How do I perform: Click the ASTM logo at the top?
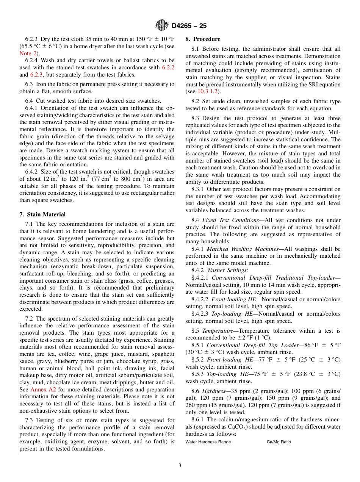[x=162, y=26]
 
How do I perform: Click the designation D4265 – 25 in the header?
[x=189, y=26]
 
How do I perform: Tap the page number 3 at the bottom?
[x=180, y=465]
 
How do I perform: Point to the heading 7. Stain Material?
[x=42, y=214]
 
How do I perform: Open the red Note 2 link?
[x=28, y=53]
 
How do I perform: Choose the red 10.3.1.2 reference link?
[x=208, y=91]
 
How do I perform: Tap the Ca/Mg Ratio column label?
[x=279, y=442]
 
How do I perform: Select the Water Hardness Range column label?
[x=208, y=442]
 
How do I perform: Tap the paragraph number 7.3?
[x=30, y=420]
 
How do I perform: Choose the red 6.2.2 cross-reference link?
[x=168, y=68]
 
